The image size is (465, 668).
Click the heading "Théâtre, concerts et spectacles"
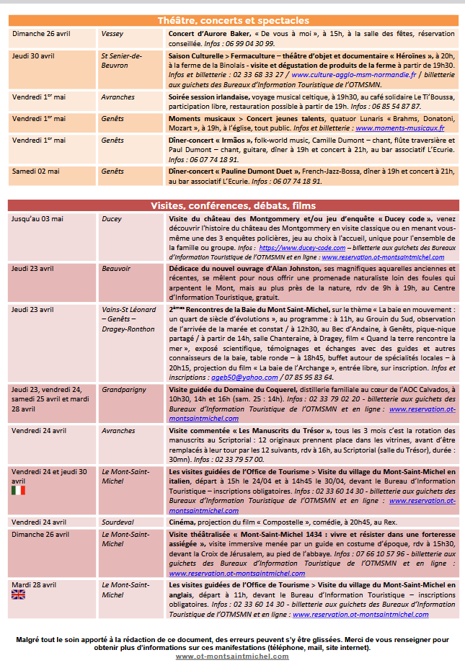coord(233,21)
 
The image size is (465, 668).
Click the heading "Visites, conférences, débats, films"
coord(233,205)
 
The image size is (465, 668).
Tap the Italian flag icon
coord(18,490)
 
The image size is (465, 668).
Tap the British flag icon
coord(18,594)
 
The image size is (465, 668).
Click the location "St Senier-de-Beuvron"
coord(121,61)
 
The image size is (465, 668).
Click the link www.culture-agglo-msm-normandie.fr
coord(354,74)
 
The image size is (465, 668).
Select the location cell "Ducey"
coord(112,218)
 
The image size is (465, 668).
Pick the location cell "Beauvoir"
coord(116,268)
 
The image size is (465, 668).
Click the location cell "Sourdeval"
coord(119,522)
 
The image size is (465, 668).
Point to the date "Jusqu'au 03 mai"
coord(37,218)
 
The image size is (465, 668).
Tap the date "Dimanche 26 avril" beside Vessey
coord(40,33)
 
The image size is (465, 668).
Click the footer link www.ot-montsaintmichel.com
coord(232,656)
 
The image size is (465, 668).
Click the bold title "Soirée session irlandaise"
coord(209,97)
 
